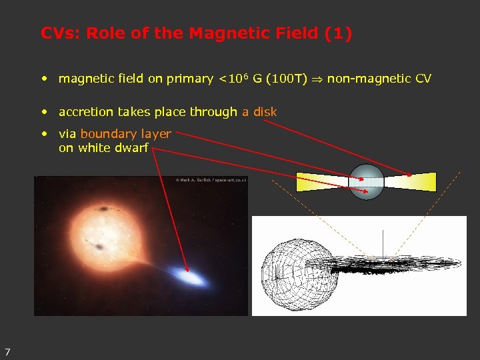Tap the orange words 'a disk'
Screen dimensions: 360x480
(259, 112)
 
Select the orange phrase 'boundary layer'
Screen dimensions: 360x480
(125, 134)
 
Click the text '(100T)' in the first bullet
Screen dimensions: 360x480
(287, 79)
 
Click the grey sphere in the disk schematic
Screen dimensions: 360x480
(367, 181)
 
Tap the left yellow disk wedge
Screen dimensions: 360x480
(323, 181)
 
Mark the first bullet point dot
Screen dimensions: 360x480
(44, 79)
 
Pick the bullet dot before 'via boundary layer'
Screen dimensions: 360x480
(44, 134)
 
